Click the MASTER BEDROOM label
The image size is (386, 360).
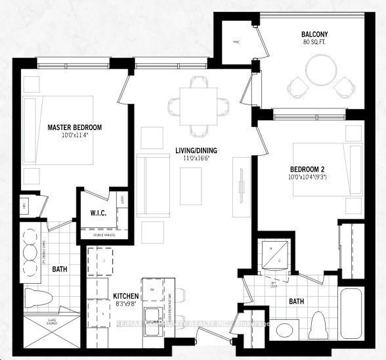click(74, 127)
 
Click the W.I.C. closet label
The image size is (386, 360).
click(102, 213)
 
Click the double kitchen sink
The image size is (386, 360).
click(154, 314)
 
